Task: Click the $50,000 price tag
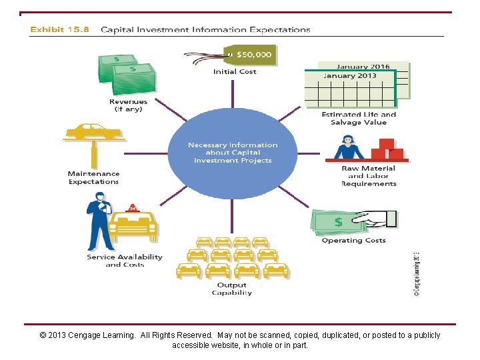253,55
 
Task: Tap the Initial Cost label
235,72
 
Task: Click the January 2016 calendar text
363,67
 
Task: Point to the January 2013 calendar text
350,76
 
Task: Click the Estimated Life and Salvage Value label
359,119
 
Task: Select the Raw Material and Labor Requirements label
369,176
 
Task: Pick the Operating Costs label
354,241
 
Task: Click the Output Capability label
232,289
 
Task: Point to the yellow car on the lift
93,130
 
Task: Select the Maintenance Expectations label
93,177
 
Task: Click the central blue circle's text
233,153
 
